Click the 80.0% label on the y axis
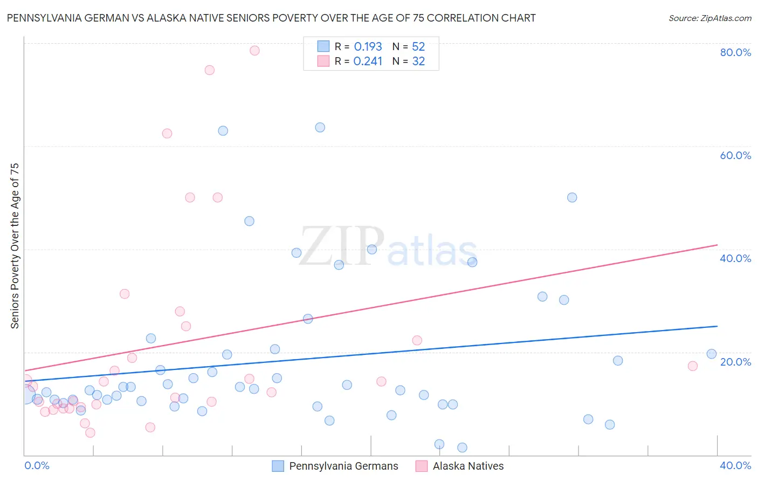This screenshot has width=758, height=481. [735, 52]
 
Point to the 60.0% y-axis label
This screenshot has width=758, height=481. [735, 155]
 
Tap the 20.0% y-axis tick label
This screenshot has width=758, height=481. [735, 362]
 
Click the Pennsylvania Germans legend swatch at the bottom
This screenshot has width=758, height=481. [278, 466]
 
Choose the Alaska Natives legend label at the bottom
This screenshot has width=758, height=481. [468, 466]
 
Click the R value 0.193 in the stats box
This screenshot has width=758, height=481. [368, 47]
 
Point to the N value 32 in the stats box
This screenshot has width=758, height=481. [418, 61]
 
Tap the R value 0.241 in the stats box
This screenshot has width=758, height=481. [368, 61]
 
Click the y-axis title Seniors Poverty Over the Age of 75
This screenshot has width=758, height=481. [15, 246]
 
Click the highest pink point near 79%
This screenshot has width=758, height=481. [254, 51]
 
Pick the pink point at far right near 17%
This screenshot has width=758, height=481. [693, 366]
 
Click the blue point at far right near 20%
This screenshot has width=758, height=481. [712, 354]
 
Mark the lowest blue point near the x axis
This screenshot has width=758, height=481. [462, 448]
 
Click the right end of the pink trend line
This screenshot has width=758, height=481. [717, 245]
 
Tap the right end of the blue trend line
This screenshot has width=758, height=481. [717, 326]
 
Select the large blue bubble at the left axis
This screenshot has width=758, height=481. [25, 395]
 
